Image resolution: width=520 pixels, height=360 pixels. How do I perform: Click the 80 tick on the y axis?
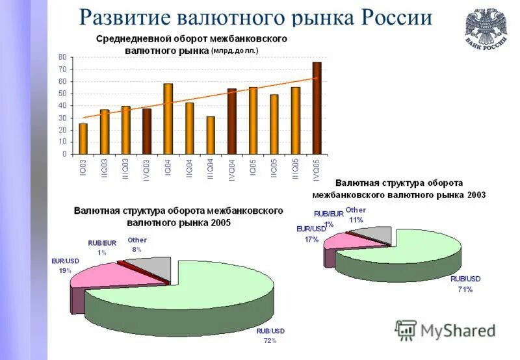pyautogui.click(x=62, y=57)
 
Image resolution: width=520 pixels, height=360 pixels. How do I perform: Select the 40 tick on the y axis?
pyautogui.click(x=62, y=106)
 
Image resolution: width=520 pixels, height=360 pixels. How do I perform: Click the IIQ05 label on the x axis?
pyautogui.click(x=274, y=170)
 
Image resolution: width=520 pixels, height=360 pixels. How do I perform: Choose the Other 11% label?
pyautogui.click(x=356, y=214)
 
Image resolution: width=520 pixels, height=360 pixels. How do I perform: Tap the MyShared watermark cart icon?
pyautogui.click(x=405, y=330)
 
